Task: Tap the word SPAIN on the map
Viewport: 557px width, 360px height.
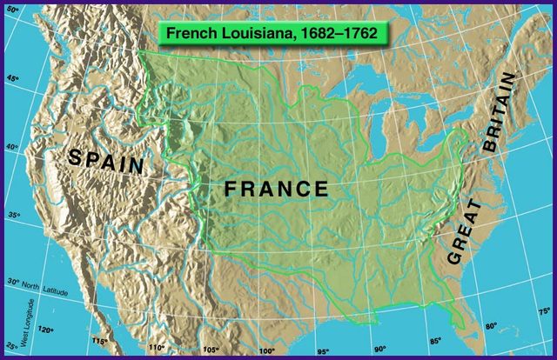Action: tap(106, 160)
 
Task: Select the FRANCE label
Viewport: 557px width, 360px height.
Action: tap(276, 189)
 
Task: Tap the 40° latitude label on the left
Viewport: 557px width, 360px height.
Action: tap(11, 147)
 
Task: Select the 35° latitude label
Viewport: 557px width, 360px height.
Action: tap(11, 215)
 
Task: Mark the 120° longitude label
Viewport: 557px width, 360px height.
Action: tap(44, 330)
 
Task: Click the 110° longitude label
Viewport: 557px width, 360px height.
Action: tap(156, 347)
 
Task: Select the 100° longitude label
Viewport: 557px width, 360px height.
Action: tap(266, 351)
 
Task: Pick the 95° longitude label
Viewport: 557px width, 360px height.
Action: tap(323, 351)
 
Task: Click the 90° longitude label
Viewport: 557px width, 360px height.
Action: tap(379, 349)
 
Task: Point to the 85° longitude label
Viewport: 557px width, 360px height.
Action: tap(434, 341)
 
